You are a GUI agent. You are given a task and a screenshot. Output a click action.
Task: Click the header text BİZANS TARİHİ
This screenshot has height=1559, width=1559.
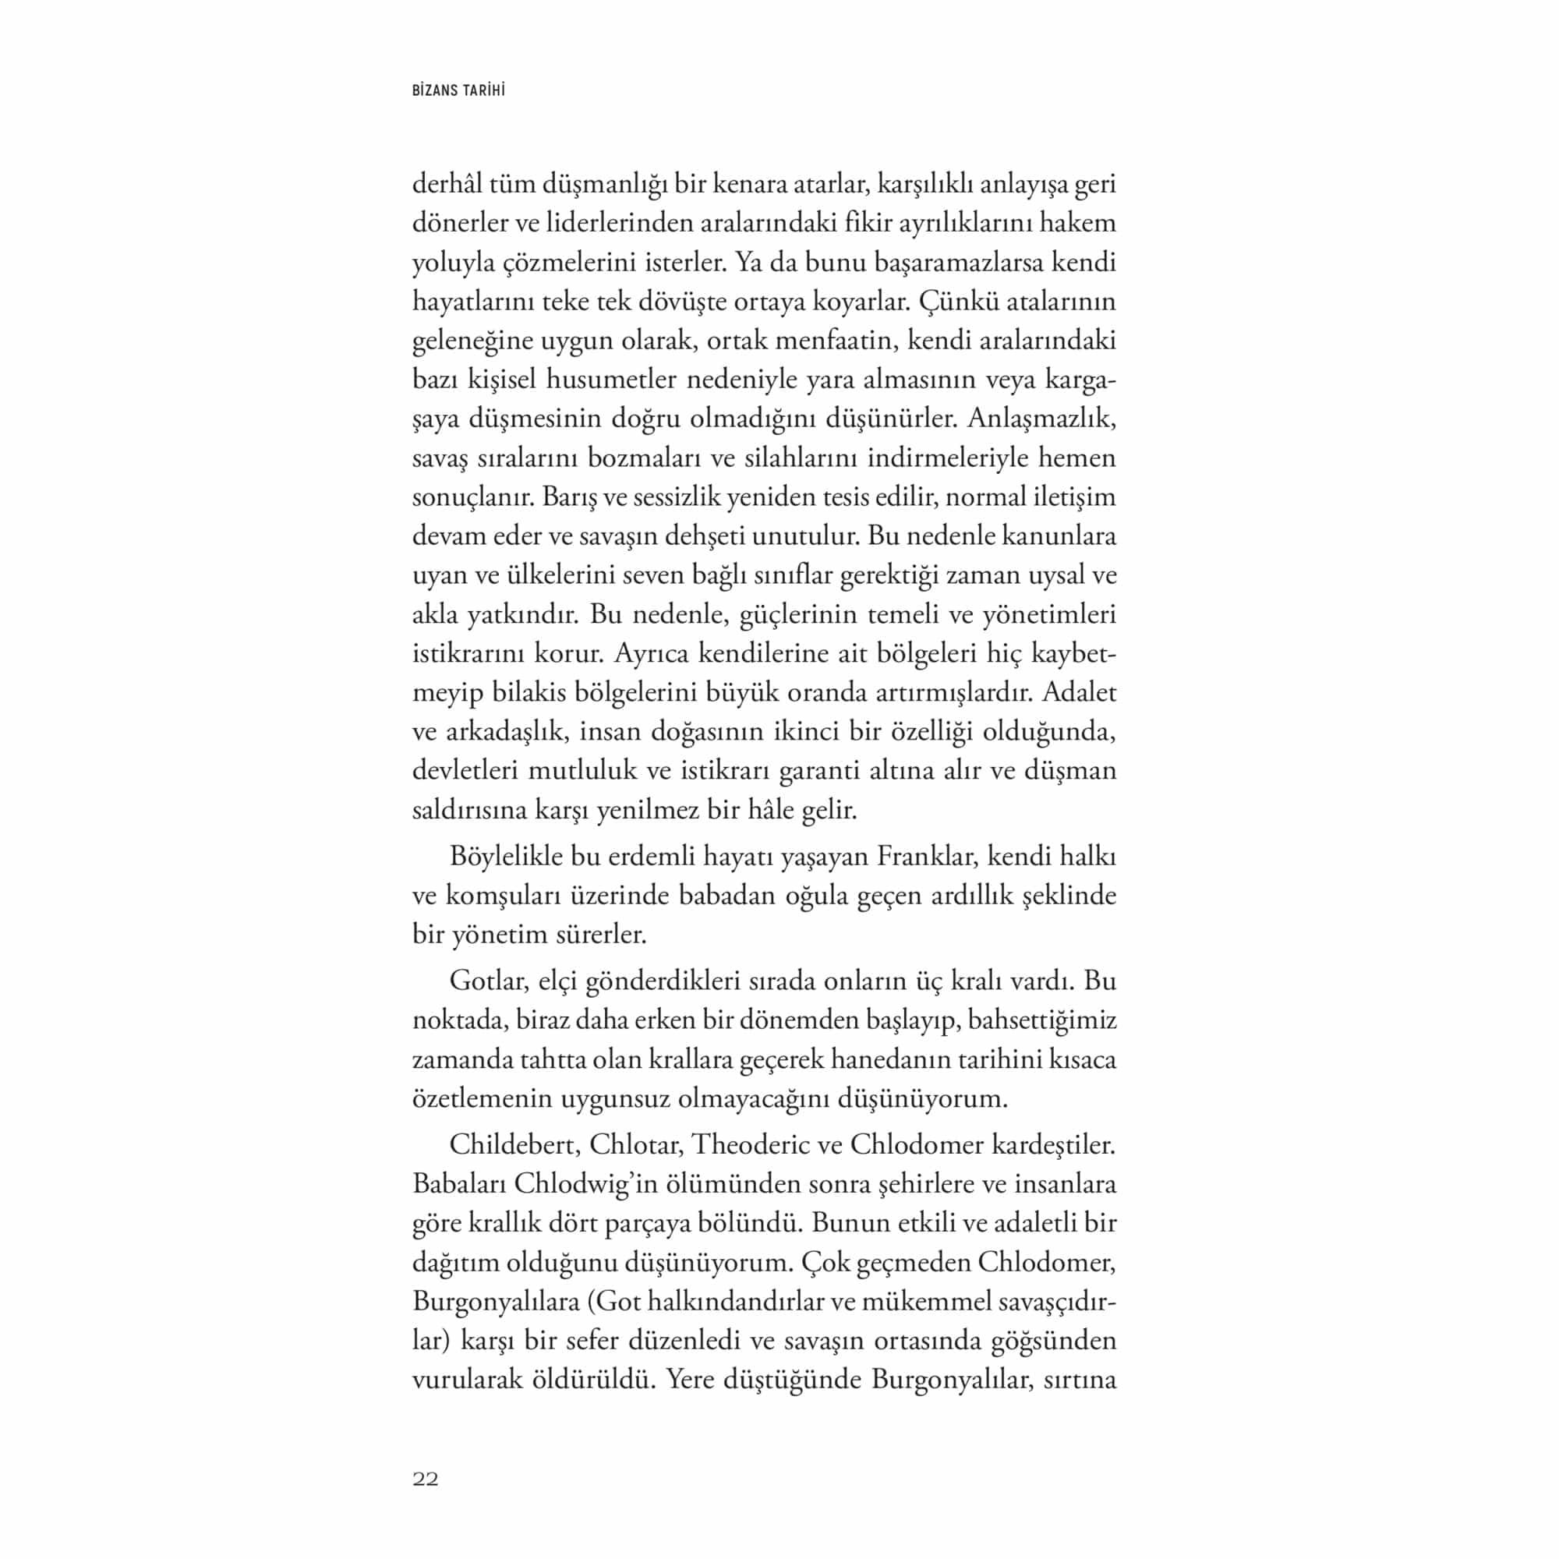(458, 90)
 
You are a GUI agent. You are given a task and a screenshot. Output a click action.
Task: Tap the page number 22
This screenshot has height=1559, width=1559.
(426, 1478)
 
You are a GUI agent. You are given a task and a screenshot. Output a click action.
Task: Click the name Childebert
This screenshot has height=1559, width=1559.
(512, 1145)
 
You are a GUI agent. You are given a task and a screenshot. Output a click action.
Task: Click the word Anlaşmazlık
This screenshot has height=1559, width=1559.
(1041, 419)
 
